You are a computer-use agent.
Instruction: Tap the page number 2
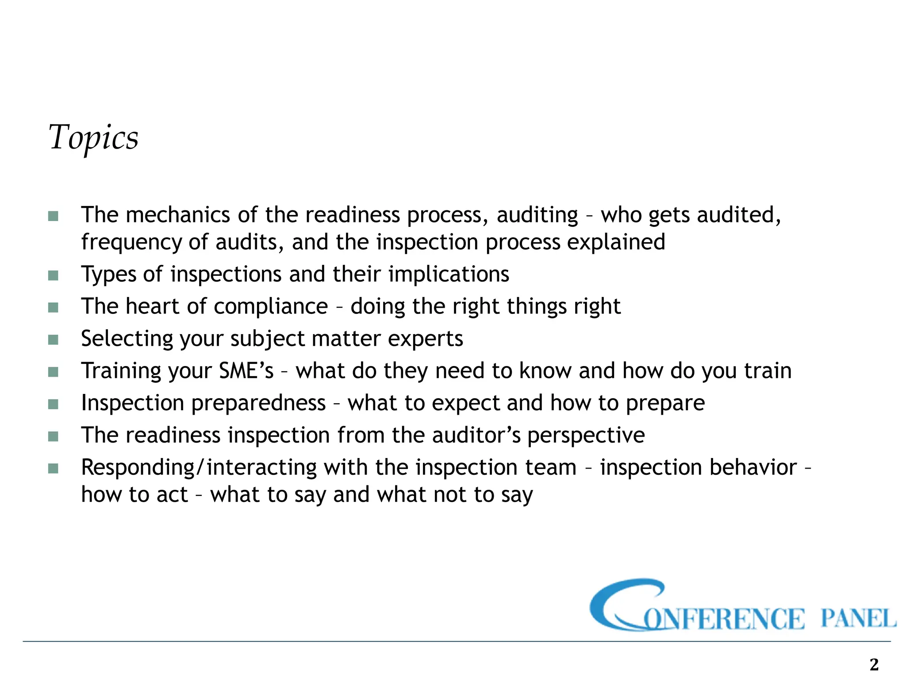pyautogui.click(x=874, y=664)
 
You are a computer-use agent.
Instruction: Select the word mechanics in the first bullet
pyautogui.click(x=178, y=215)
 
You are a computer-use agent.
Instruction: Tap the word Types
pyautogui.click(x=109, y=275)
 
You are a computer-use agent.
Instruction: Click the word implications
pyautogui.click(x=449, y=274)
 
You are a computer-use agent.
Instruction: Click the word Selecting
pyautogui.click(x=126, y=339)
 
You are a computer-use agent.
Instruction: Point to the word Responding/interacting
pyautogui.click(x=199, y=468)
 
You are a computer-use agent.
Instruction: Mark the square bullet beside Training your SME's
pyautogui.click(x=53, y=372)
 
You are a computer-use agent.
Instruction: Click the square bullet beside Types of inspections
pyautogui.click(x=53, y=275)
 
